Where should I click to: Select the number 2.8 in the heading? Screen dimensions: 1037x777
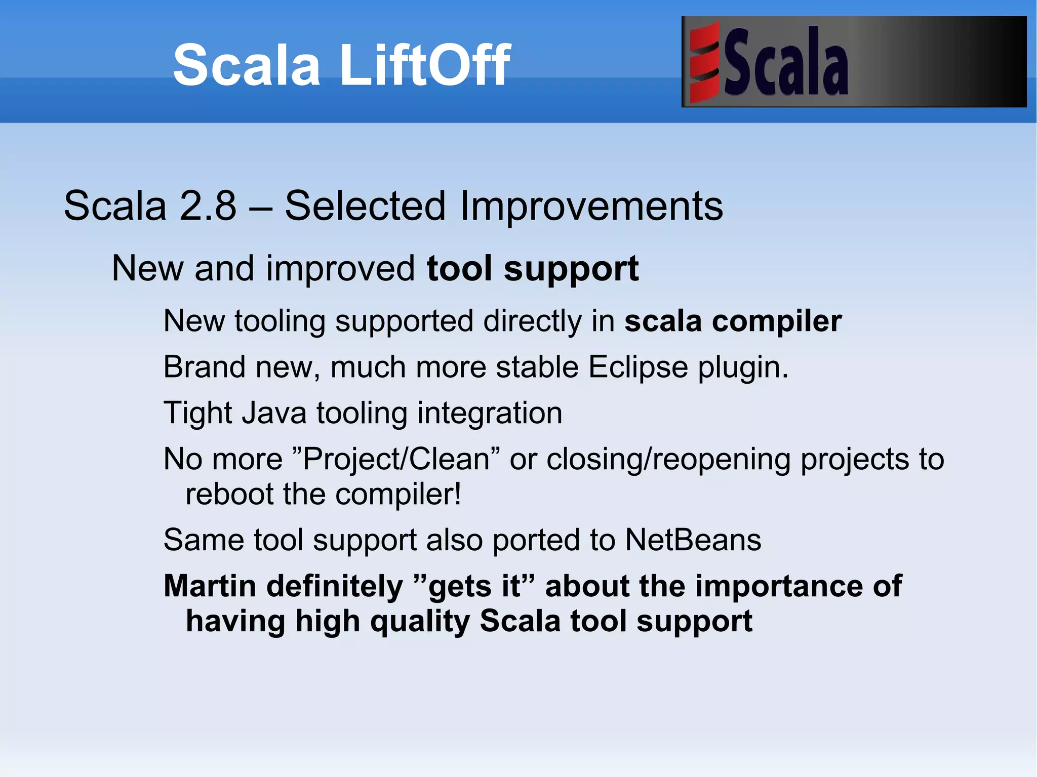[208, 206]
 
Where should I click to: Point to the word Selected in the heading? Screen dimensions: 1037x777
[365, 206]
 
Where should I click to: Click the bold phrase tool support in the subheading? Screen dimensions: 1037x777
[533, 269]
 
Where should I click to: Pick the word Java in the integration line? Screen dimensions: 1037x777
[273, 413]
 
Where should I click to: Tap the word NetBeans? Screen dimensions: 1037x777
[693, 540]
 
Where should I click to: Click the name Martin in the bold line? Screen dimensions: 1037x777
[210, 586]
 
